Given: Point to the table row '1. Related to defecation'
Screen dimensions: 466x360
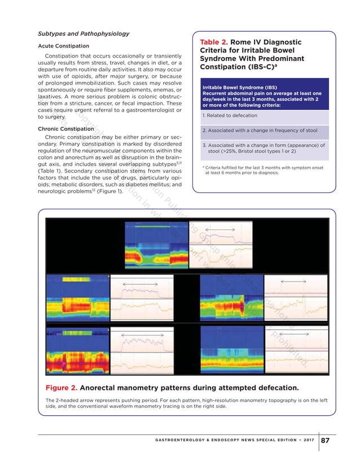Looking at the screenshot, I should click(x=230, y=116).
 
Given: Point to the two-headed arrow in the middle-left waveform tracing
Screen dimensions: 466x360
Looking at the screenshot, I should click(x=136, y=280).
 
